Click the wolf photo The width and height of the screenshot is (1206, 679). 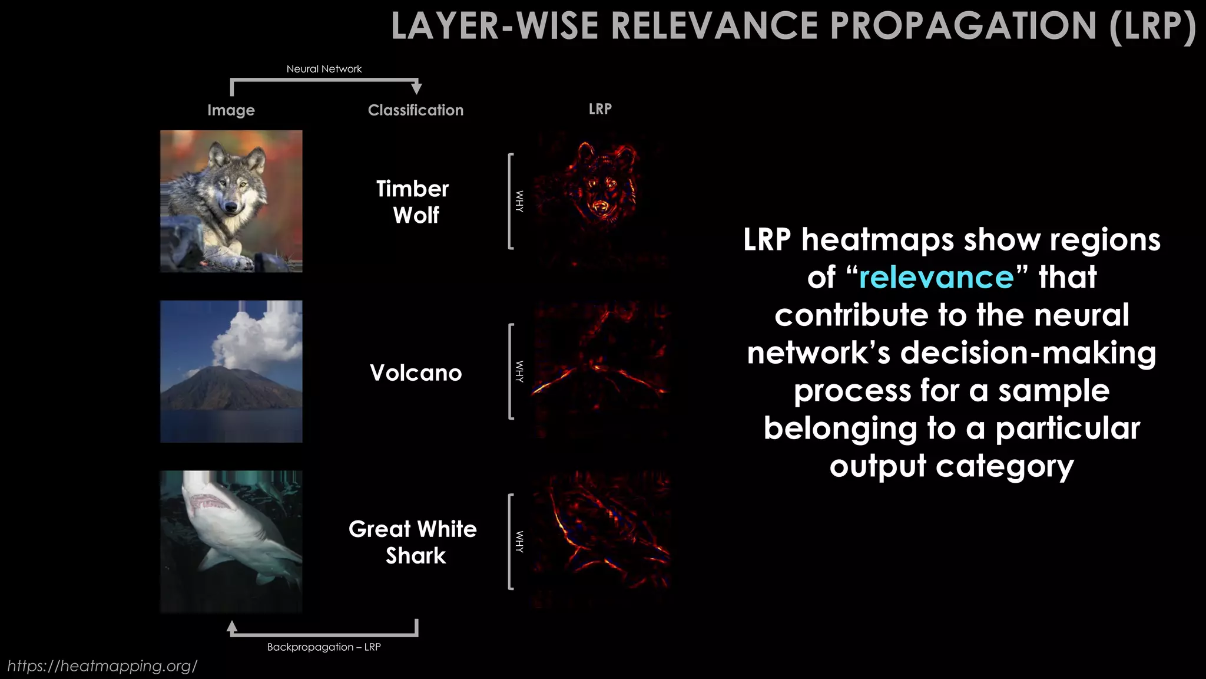tap(231, 201)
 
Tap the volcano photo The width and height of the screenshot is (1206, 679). tap(231, 371)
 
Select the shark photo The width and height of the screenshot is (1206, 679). tap(231, 541)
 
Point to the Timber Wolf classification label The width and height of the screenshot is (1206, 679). tap(413, 202)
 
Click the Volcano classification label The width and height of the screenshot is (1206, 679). tap(416, 373)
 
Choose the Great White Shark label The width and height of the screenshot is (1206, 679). tap(413, 542)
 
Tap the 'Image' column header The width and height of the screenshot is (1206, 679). tap(231, 110)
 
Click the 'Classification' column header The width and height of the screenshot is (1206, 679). tap(416, 110)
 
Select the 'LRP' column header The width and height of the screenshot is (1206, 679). tap(600, 109)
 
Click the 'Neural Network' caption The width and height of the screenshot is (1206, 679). tap(324, 69)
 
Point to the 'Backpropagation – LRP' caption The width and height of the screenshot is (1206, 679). tap(324, 647)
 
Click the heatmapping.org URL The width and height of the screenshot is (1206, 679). tap(102, 666)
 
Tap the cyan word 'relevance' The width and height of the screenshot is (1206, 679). tap(936, 277)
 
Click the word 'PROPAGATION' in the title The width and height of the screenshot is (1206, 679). tap(963, 26)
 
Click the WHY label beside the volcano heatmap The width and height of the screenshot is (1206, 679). tap(519, 371)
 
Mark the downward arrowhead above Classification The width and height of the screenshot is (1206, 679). tap(416, 88)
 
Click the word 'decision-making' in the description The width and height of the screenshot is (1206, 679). tap(1028, 352)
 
